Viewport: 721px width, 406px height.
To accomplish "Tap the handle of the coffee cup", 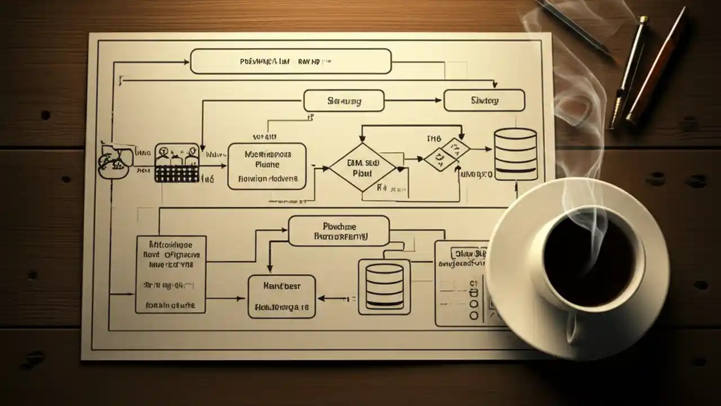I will (x=575, y=330).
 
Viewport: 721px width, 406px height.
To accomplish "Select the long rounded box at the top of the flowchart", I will (x=291, y=61).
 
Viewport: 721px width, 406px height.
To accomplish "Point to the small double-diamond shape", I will (x=447, y=154).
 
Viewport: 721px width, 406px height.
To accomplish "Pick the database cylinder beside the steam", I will (x=515, y=154).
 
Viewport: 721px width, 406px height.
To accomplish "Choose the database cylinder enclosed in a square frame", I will (x=384, y=286).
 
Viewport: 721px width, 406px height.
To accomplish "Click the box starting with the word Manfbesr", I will (x=282, y=297).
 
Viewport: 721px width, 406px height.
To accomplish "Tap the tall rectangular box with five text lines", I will (x=171, y=274).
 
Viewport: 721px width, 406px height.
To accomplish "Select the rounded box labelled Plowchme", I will (x=339, y=231).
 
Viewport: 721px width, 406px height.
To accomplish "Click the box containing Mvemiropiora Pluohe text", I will (x=267, y=166).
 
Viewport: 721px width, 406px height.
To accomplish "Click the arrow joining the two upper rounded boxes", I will (x=413, y=101).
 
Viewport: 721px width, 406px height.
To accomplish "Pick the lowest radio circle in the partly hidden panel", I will (x=474, y=316).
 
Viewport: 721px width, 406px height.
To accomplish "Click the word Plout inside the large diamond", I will (x=362, y=174).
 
